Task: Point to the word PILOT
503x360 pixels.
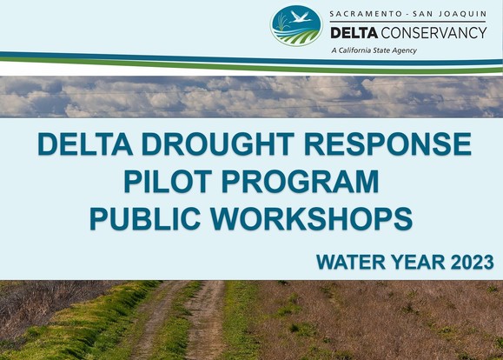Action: [166, 182]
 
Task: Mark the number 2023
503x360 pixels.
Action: [470, 261]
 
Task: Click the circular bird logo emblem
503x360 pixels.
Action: [295, 26]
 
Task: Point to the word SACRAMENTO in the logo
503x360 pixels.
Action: [365, 14]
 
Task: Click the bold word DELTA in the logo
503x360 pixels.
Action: [354, 32]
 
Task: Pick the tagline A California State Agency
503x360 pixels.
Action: [374, 50]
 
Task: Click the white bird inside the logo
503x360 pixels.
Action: [300, 18]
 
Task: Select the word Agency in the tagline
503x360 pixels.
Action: [403, 50]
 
